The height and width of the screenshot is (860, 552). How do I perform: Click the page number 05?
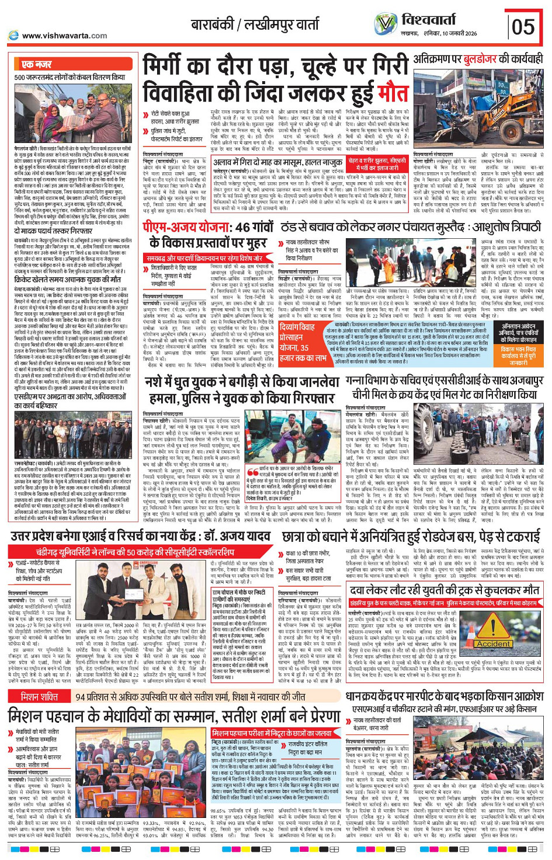coord(524,26)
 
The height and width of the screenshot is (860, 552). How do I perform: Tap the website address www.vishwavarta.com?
coord(64,36)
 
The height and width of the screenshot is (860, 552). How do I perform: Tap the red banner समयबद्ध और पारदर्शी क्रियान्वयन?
coord(204,257)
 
